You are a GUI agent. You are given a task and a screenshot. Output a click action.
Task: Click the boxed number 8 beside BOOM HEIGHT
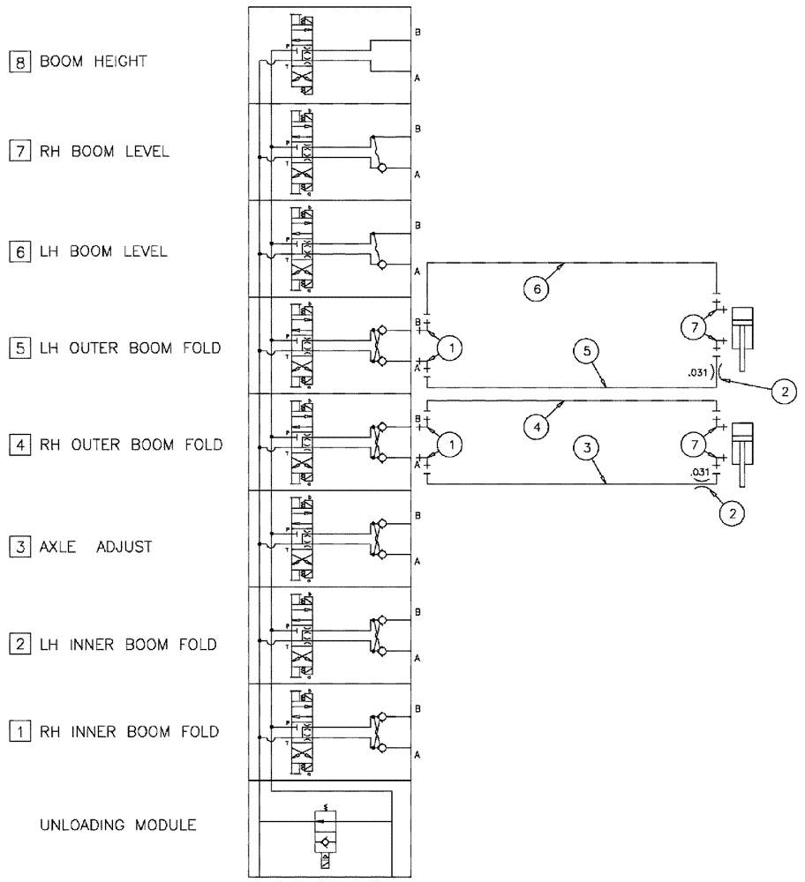coord(17,63)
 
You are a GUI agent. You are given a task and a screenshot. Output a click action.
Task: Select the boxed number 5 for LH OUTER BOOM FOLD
coord(17,348)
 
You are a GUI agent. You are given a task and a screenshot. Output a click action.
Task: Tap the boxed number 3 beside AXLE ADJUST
coord(17,547)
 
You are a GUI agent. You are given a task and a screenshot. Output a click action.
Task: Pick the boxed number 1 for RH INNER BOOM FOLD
coord(17,731)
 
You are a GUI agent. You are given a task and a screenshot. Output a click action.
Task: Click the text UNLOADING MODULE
coord(118,826)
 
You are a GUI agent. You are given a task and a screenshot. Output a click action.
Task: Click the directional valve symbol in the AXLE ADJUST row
coord(305,538)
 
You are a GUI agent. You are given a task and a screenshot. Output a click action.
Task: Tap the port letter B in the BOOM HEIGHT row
coord(417,32)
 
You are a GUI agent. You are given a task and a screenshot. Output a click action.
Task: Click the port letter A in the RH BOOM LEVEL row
coord(417,175)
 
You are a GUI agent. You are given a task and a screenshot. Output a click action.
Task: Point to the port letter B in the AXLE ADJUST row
coord(417,515)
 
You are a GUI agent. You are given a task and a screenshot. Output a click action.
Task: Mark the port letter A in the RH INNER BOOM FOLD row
coord(417,755)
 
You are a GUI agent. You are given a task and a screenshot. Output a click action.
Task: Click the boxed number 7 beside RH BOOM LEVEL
coord(17,151)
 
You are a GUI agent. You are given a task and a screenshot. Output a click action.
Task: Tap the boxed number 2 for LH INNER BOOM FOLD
coord(17,644)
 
